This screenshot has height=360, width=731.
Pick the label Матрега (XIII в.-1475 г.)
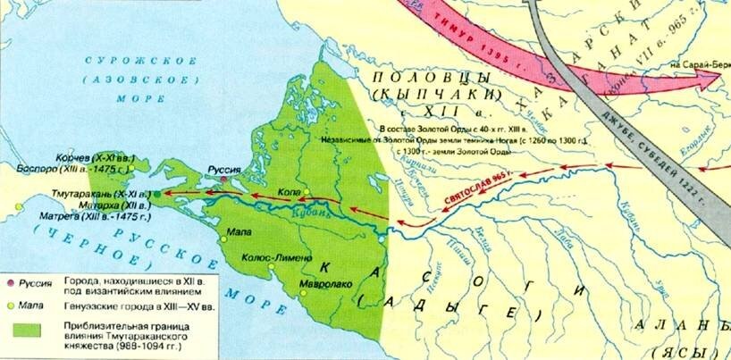click(84, 216)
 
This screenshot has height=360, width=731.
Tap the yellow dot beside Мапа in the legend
click(10, 303)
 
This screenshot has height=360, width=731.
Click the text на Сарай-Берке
click(696, 64)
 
